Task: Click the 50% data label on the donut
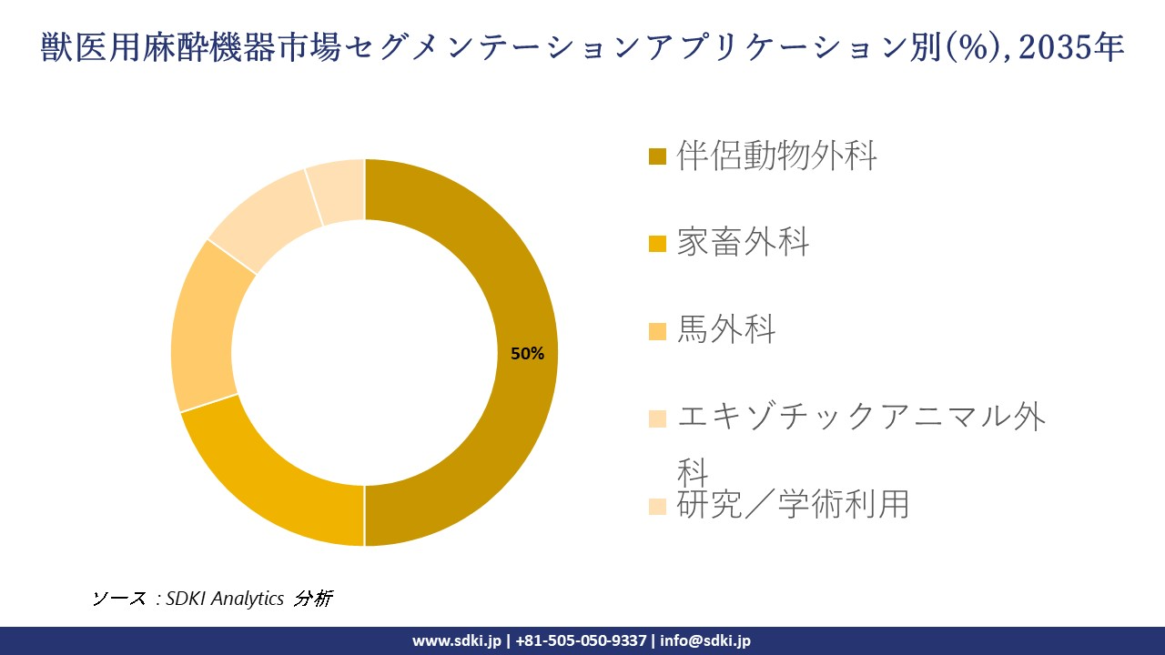click(x=527, y=354)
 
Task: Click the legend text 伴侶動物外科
click(x=776, y=156)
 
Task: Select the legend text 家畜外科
click(x=743, y=243)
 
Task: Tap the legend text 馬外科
click(x=726, y=329)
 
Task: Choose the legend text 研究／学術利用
click(x=792, y=504)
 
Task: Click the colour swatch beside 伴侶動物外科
click(x=657, y=156)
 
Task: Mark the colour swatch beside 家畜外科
click(x=657, y=244)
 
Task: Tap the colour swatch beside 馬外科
click(x=657, y=331)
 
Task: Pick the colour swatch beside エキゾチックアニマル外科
click(x=657, y=418)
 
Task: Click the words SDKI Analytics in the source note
click(x=225, y=599)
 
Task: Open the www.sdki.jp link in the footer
click(x=456, y=640)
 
